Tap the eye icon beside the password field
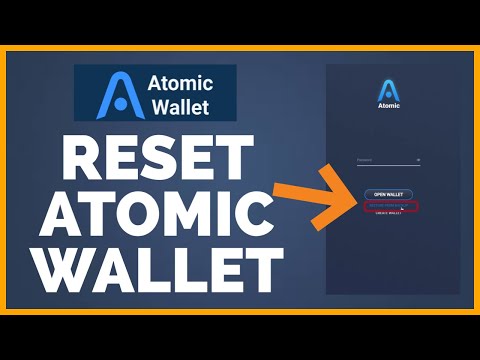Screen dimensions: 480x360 (x=418, y=158)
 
